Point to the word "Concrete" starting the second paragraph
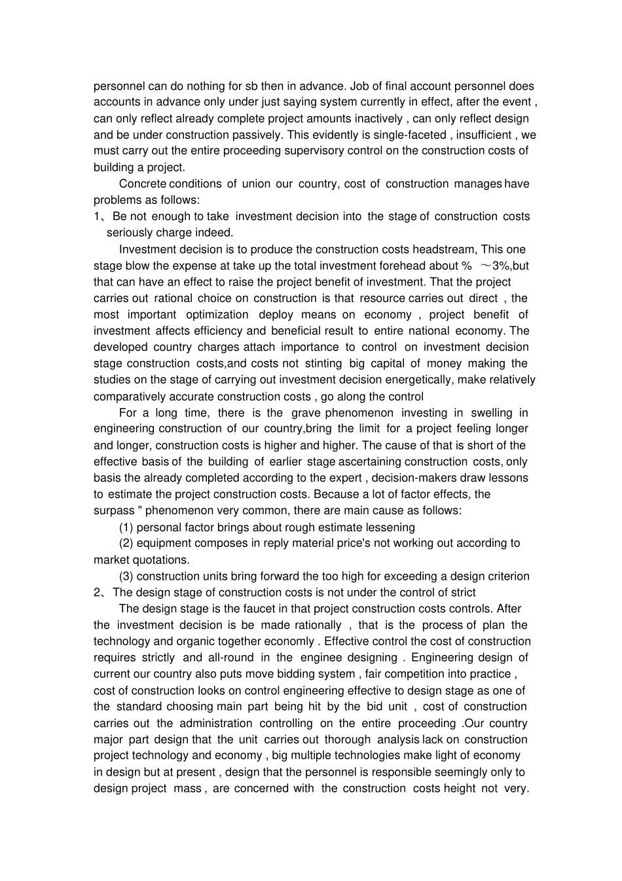click(142, 184)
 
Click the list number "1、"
click(101, 217)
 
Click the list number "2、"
click(101, 593)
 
